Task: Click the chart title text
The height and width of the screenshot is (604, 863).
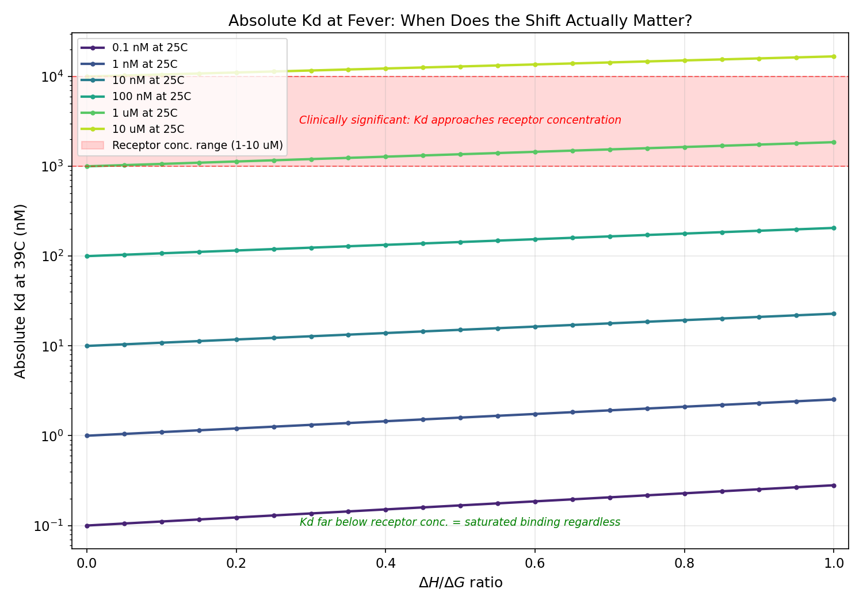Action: (x=460, y=21)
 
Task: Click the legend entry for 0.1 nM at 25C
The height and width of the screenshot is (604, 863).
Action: (x=150, y=48)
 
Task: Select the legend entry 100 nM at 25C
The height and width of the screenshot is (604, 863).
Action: (x=151, y=97)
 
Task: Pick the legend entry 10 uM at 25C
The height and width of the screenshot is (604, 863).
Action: (x=148, y=129)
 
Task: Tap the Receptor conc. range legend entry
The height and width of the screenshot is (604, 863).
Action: (x=197, y=146)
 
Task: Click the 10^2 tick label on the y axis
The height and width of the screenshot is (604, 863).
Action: (x=54, y=256)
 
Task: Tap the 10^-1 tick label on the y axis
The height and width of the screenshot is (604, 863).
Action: (x=52, y=526)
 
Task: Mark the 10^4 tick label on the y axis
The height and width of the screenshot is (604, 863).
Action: (x=54, y=77)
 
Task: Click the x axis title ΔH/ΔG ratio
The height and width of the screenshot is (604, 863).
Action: (x=460, y=583)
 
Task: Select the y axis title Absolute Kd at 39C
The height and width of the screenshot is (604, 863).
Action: (x=21, y=291)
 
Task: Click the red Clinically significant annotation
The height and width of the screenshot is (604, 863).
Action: (x=460, y=120)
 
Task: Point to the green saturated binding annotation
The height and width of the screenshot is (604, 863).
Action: (x=460, y=522)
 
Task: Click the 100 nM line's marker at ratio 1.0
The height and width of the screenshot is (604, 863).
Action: (x=834, y=228)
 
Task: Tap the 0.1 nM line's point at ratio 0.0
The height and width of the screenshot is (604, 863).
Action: (x=87, y=526)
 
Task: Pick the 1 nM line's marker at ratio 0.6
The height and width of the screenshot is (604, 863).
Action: (x=535, y=414)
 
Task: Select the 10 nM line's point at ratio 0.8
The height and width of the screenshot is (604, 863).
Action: (x=684, y=320)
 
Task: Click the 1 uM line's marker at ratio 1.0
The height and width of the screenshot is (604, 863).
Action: (x=834, y=142)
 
